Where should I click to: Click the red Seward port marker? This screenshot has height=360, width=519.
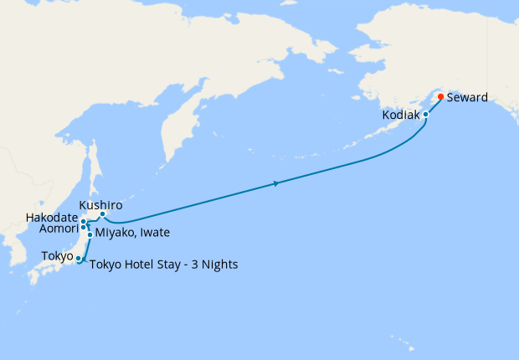click(x=440, y=96)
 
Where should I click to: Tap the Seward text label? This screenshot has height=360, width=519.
click(x=467, y=97)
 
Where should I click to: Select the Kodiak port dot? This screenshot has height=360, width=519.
click(x=425, y=114)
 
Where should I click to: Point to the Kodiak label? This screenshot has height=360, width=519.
click(x=400, y=115)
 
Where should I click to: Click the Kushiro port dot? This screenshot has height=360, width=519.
click(x=103, y=214)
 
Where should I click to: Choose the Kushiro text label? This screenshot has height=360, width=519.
click(x=100, y=204)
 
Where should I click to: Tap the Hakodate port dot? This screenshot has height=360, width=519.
click(x=85, y=222)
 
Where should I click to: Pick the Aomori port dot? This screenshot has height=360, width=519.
click(x=84, y=228)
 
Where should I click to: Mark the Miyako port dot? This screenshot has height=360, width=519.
click(x=90, y=234)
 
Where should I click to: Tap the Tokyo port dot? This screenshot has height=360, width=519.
click(x=78, y=258)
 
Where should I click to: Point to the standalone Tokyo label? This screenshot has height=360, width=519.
click(x=56, y=256)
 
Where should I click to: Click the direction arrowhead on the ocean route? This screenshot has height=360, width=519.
click(x=276, y=183)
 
